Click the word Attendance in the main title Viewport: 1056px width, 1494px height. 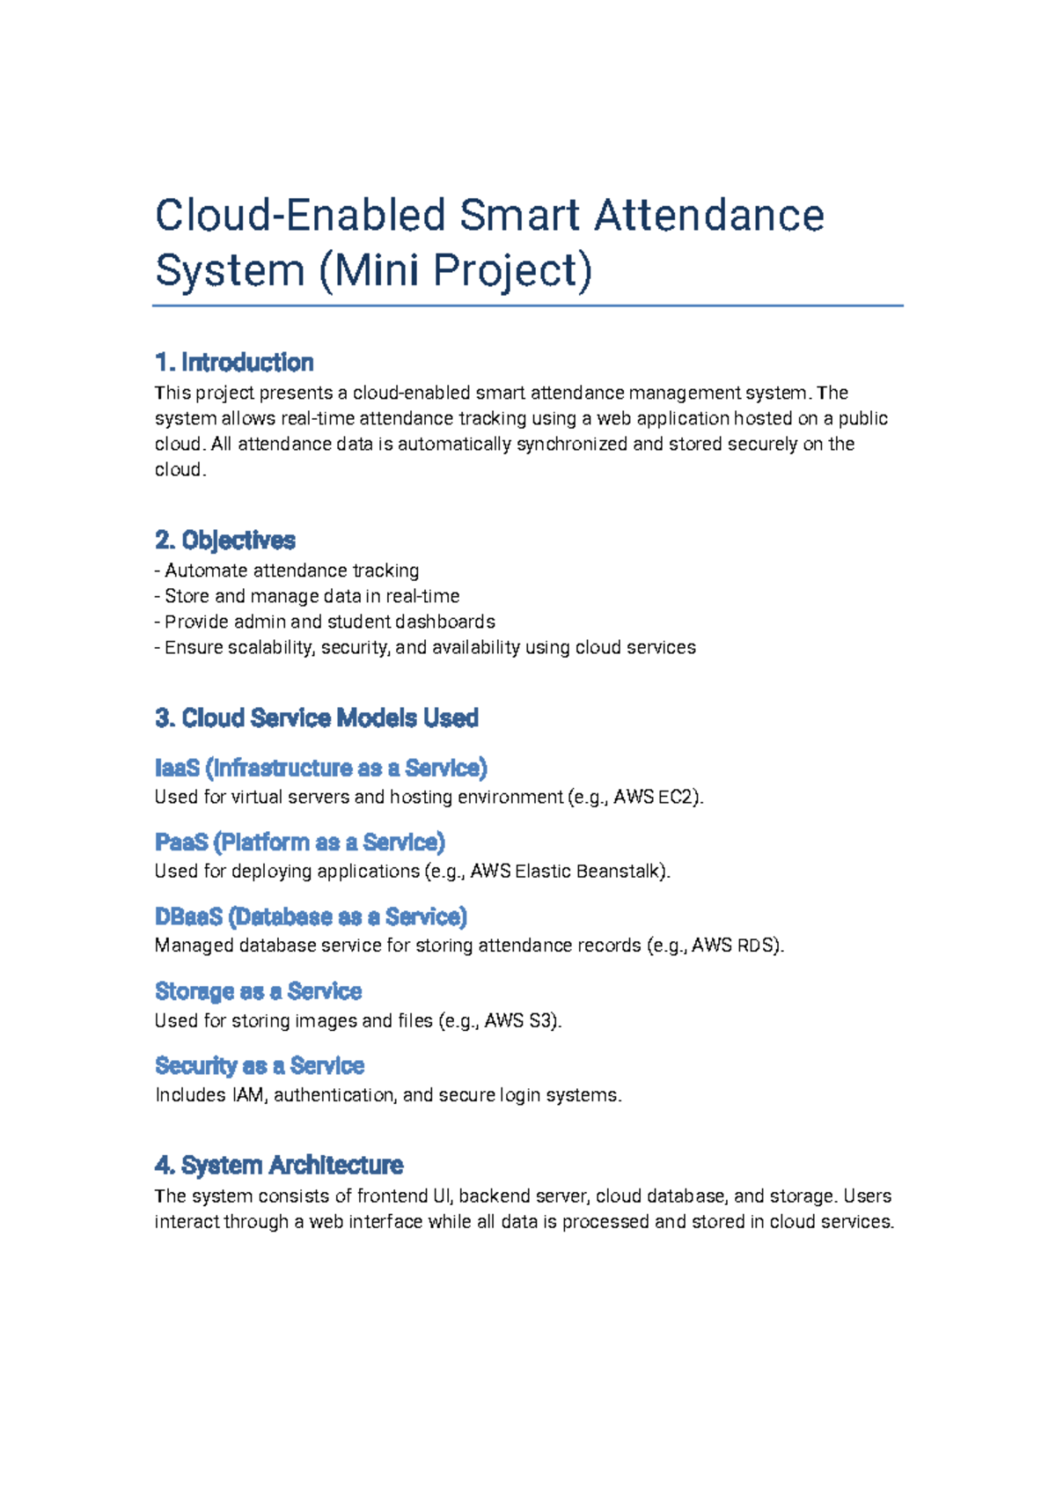pos(709,216)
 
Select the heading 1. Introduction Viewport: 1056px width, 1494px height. pos(234,363)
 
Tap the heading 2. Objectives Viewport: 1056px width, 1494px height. pos(225,540)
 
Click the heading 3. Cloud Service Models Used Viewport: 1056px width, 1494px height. pos(317,718)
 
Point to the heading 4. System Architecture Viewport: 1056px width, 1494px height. pos(279,1165)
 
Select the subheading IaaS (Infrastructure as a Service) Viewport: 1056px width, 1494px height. pos(320,768)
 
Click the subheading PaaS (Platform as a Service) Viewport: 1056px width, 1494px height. pos(299,843)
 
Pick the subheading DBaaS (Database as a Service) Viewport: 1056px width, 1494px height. pos(311,917)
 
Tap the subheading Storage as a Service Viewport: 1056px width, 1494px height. pos(258,991)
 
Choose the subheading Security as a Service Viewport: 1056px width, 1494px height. pos(260,1066)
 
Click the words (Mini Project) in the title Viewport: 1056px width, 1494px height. pos(455,270)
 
